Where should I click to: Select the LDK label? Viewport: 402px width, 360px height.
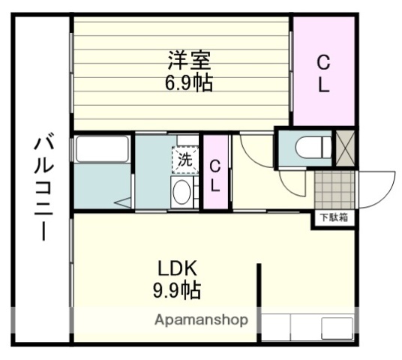(177, 268)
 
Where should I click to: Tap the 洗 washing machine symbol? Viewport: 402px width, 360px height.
(184, 160)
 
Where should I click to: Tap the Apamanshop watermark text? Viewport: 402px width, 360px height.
(202, 320)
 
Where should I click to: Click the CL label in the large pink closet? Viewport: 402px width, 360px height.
(322, 73)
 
